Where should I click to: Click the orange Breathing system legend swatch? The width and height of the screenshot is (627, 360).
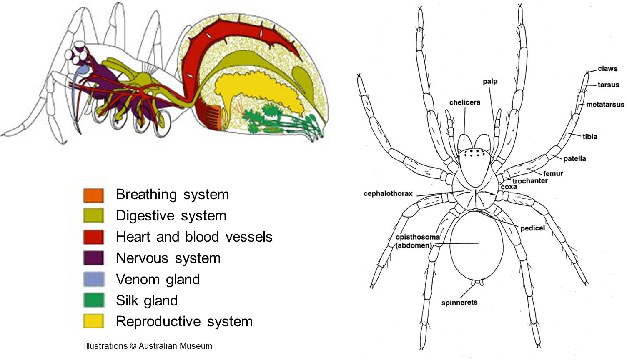tap(93, 195)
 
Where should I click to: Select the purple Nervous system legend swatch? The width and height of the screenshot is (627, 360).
tap(93, 258)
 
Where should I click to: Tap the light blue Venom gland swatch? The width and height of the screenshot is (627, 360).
tap(93, 279)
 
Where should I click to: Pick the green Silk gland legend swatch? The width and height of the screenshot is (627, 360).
tap(93, 300)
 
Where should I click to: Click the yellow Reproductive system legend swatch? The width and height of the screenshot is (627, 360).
tap(93, 321)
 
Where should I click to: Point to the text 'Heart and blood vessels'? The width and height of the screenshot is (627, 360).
tap(194, 237)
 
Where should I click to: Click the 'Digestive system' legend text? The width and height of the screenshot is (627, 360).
tap(171, 215)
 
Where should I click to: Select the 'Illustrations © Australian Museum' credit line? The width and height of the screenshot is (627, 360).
tap(148, 346)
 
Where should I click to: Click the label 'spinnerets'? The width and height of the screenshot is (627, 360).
tap(459, 302)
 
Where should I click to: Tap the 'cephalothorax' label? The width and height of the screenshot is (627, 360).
tap(388, 194)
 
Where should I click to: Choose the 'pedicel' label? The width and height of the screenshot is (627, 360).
tap(532, 228)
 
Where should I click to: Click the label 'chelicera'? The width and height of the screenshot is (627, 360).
tap(464, 102)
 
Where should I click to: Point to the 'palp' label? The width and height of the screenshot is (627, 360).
tap(490, 81)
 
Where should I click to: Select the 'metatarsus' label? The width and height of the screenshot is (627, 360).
tap(605, 105)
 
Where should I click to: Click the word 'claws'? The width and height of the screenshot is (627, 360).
tap(607, 69)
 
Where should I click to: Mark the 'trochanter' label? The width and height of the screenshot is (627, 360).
tap(530, 181)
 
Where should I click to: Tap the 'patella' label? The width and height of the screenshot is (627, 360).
tap(574, 159)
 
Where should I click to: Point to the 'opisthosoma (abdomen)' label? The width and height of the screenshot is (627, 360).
tap(417, 241)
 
